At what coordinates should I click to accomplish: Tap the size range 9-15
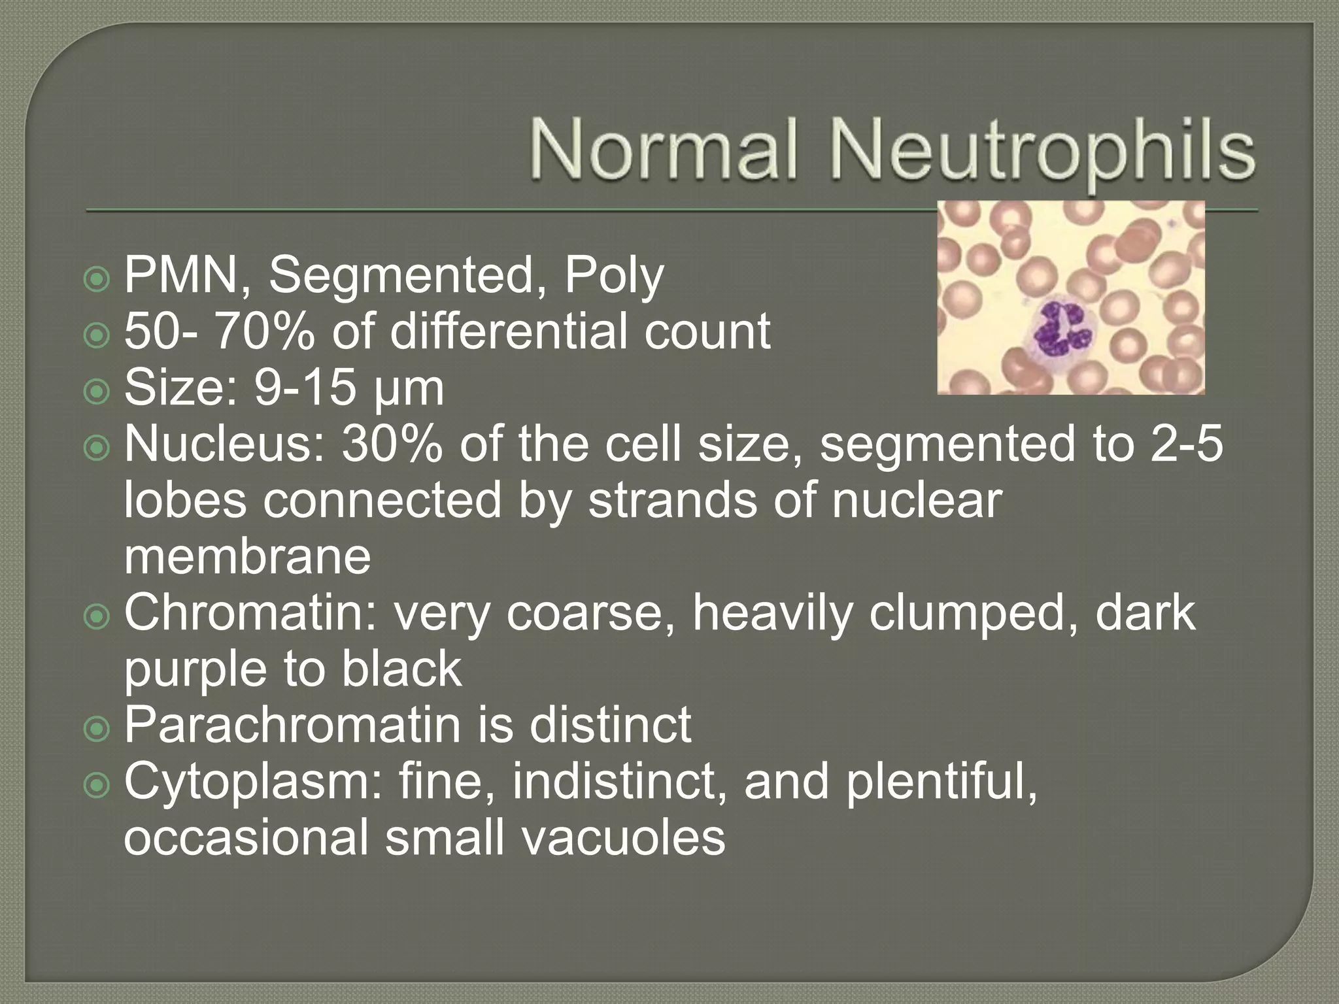(x=305, y=388)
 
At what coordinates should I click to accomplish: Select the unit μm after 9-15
(x=410, y=390)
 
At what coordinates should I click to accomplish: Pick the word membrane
(x=247, y=557)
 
